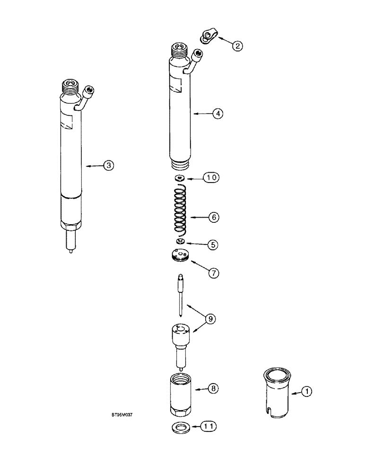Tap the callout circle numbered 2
(x=238, y=46)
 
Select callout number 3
(x=109, y=166)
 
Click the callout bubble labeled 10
(x=211, y=178)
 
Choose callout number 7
(x=214, y=273)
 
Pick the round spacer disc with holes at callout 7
(x=181, y=256)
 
